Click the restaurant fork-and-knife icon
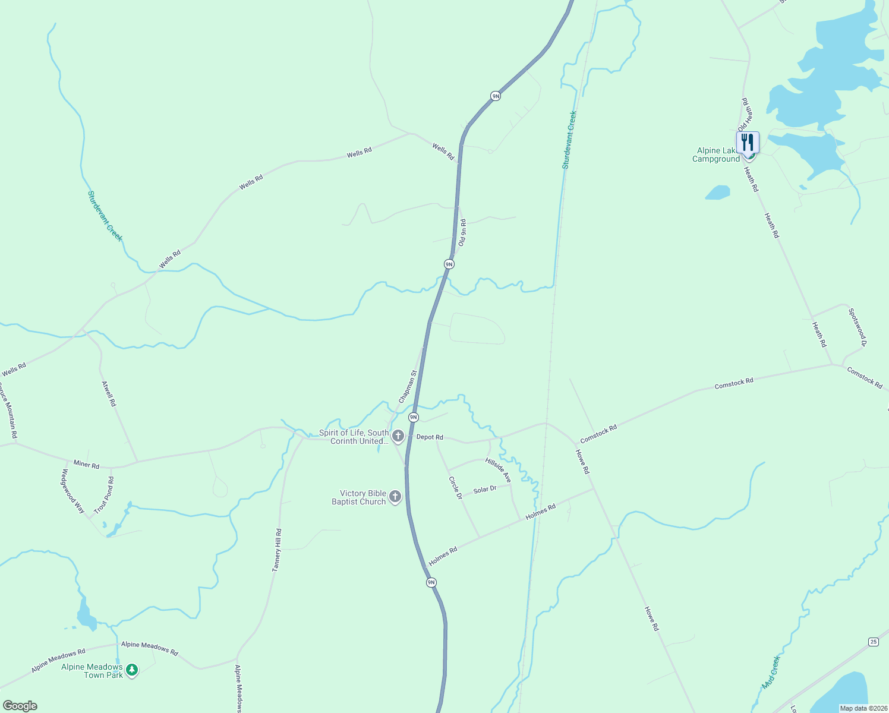coord(748,142)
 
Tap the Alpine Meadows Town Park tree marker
coord(132,670)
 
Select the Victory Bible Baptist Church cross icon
coord(395,497)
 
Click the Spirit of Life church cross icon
coord(398,436)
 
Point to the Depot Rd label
coord(430,437)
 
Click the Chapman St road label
coord(408,387)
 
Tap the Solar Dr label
coord(485,490)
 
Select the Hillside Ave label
coord(498,469)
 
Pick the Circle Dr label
coord(455,487)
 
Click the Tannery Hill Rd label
coord(277,550)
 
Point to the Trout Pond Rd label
coord(104,495)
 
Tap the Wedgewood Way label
coord(73,491)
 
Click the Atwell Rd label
coord(109,393)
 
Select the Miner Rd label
coord(86,464)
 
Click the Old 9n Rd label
coord(462,233)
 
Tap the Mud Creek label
coord(771,673)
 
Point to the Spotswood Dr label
coord(858,327)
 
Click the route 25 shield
coord(873,642)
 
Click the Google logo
coord(20,706)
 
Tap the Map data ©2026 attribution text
coord(863,708)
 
